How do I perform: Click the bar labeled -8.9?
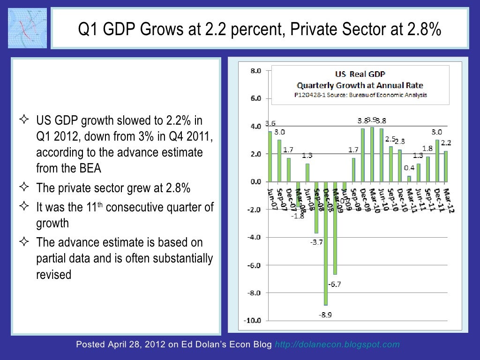326,244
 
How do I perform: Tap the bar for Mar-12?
446,166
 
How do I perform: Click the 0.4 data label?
409,168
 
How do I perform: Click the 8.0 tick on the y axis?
255,71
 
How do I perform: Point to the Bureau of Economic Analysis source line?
361,95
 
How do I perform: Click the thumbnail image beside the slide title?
28,28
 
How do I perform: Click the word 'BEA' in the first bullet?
92,168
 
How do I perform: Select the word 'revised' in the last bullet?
54,274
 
